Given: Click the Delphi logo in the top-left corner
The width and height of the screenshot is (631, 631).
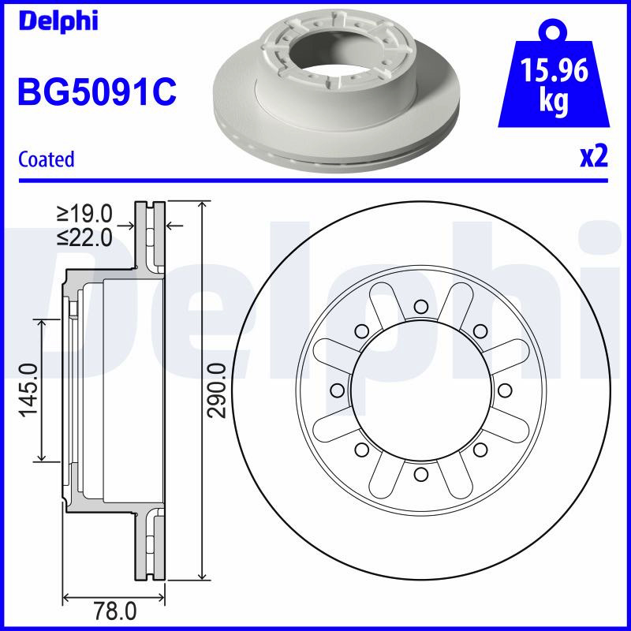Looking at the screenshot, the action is pyautogui.click(x=58, y=21).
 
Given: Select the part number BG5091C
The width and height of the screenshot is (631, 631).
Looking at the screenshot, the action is pyautogui.click(x=97, y=92).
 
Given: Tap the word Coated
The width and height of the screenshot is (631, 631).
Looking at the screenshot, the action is pyautogui.click(x=47, y=159).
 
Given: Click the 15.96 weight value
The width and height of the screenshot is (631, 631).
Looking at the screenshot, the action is pyautogui.click(x=554, y=70).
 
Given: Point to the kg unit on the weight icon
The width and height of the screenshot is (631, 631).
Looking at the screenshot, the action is pyautogui.click(x=554, y=101).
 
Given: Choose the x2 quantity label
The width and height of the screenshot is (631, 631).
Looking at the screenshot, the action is pyautogui.click(x=594, y=156).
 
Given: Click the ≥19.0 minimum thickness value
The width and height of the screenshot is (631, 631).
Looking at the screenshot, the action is pyautogui.click(x=85, y=213).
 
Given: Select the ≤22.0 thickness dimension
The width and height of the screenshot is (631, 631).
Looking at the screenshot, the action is pyautogui.click(x=85, y=237).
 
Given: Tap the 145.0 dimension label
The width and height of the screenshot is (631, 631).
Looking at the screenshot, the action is pyautogui.click(x=29, y=390).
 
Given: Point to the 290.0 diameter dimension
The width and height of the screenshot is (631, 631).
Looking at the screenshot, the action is pyautogui.click(x=218, y=390).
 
